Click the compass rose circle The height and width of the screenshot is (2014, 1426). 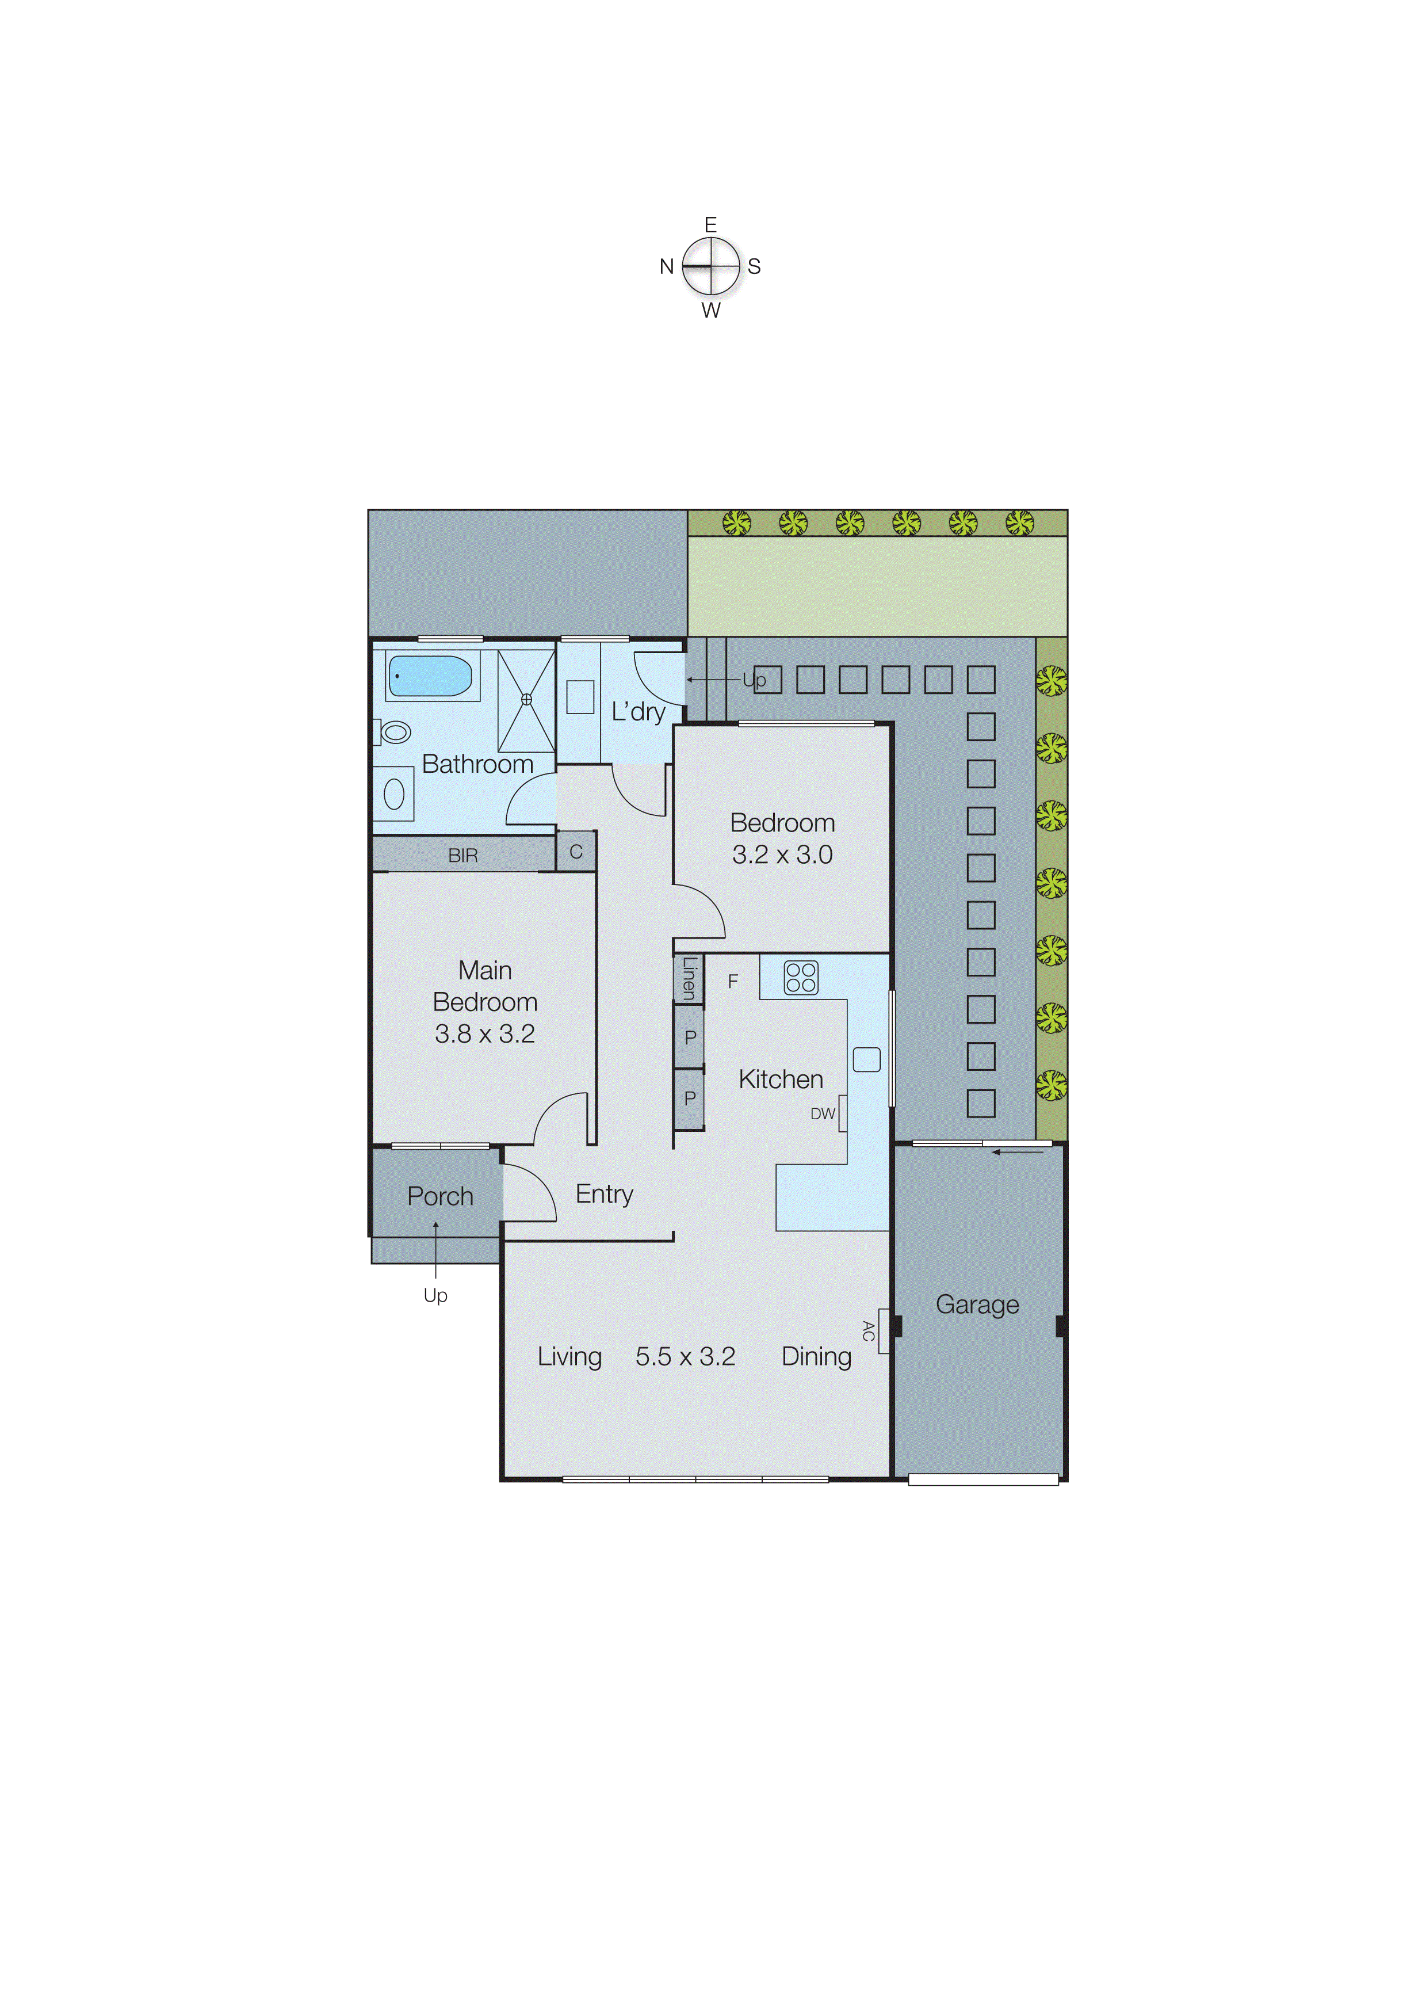tap(711, 266)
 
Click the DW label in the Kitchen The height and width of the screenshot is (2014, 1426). tap(822, 1113)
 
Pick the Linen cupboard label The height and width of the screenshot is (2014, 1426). tap(689, 978)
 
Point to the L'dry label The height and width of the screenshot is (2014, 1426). tap(639, 711)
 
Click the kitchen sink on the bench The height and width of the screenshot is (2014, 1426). tap(867, 1059)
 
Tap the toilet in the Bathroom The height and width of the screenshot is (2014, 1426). tap(394, 731)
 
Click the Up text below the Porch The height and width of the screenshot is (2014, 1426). tap(435, 1295)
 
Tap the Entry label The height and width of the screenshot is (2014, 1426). tap(604, 1193)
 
